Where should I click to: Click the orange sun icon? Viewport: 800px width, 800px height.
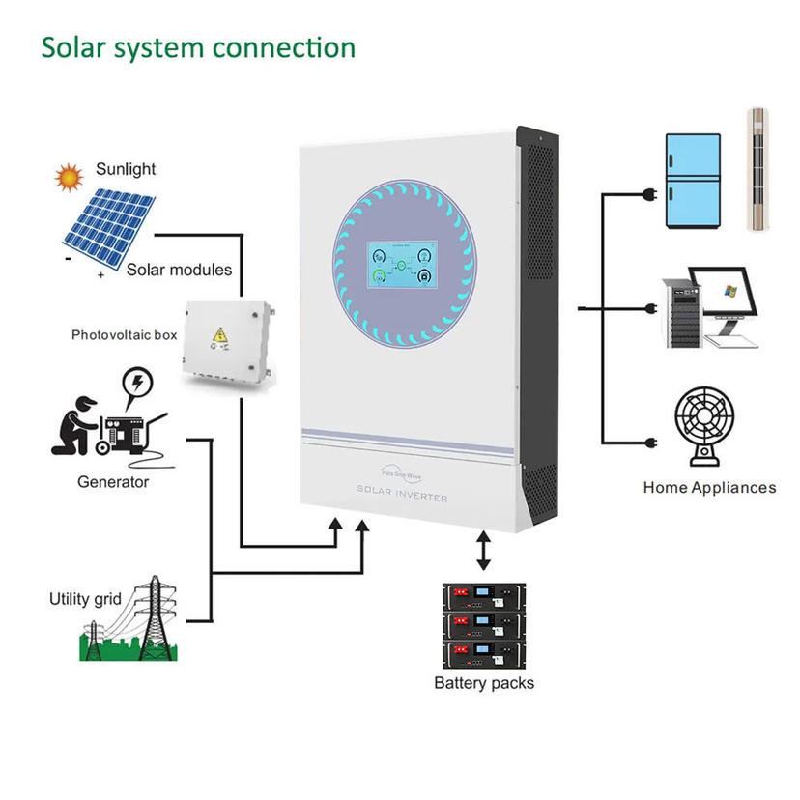[70, 177]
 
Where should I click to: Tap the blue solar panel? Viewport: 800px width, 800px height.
[108, 228]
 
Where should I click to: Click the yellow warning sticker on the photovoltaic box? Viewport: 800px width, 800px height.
[220, 336]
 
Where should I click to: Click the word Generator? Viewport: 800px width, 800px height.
[113, 481]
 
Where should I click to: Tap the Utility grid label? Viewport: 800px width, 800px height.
[85, 599]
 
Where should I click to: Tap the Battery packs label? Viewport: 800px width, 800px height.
[483, 683]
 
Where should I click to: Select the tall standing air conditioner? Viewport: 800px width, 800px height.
[763, 171]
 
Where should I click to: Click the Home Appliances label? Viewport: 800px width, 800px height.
[709, 488]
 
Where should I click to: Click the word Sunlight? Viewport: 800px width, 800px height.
[126, 169]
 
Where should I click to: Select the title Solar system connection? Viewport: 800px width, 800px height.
[197, 47]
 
